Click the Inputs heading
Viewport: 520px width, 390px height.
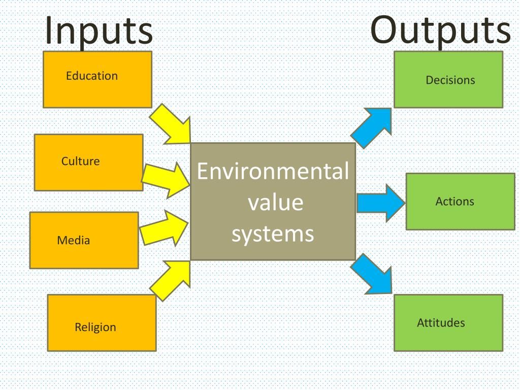[x=99, y=30]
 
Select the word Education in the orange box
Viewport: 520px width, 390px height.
[x=92, y=76]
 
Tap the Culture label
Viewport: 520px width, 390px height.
[x=81, y=161]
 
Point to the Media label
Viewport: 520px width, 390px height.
[x=74, y=241]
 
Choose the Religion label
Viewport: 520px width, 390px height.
[x=95, y=328]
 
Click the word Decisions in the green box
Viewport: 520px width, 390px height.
[x=450, y=80]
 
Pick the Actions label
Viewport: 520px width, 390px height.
[x=455, y=202]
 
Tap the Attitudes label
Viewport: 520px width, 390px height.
[x=441, y=323]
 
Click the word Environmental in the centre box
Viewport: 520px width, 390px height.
[x=273, y=172]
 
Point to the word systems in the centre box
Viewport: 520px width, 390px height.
[x=273, y=234]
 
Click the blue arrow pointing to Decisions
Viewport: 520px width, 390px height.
[x=372, y=126]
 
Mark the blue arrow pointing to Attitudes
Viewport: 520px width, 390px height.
[x=372, y=274]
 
